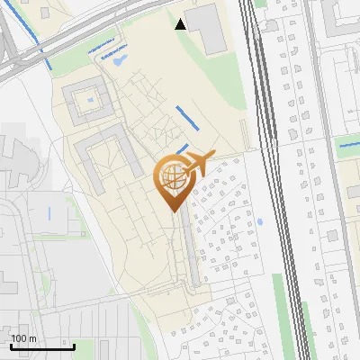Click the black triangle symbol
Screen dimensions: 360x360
182,24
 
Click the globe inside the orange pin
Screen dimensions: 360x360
171,175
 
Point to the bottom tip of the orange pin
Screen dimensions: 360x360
171,211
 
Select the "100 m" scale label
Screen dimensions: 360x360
22,338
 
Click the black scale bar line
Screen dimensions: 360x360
41,346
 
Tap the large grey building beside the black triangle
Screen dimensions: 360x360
209,28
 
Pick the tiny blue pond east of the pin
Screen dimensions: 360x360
259,221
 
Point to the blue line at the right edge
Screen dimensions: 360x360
349,142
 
